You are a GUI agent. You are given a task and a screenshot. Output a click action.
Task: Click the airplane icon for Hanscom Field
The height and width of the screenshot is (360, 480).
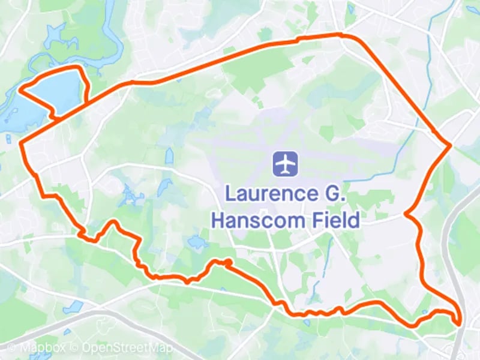tap(286, 164)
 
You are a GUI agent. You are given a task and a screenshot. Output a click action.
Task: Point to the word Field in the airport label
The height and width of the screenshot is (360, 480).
tap(331, 220)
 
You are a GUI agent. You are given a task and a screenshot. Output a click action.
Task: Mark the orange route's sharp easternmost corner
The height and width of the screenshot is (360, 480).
tap(449, 145)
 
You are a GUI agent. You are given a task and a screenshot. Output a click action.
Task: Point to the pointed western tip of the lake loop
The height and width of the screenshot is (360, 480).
tap(21, 91)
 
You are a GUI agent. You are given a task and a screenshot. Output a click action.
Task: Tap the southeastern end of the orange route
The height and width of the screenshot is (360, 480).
tap(460, 324)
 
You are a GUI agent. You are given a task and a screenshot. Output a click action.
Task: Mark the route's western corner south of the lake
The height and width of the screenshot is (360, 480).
tap(22, 144)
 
